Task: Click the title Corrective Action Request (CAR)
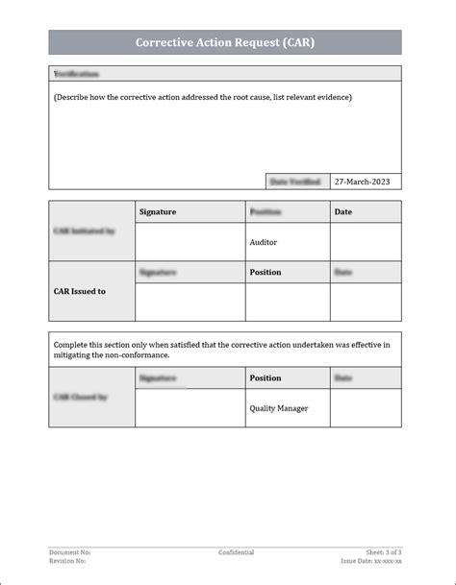pos(224,42)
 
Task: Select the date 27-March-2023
pos(361,181)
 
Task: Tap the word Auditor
pos(264,242)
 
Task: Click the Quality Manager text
pos(279,408)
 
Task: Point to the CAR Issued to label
pos(80,291)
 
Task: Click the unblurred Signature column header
pos(158,211)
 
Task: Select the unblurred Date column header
pos(342,211)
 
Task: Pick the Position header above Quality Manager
pos(266,378)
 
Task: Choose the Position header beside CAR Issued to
pos(266,272)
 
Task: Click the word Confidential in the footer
pos(236,552)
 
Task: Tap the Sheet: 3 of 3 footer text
pos(384,552)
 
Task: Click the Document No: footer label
pos(69,552)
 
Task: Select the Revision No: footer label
pos(67,561)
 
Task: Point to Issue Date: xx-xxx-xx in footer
pos(371,561)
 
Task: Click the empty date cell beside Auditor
pos(366,242)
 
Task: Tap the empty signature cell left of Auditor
pos(190,242)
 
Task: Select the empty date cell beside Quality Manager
pos(366,408)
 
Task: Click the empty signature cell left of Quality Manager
pos(190,408)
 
